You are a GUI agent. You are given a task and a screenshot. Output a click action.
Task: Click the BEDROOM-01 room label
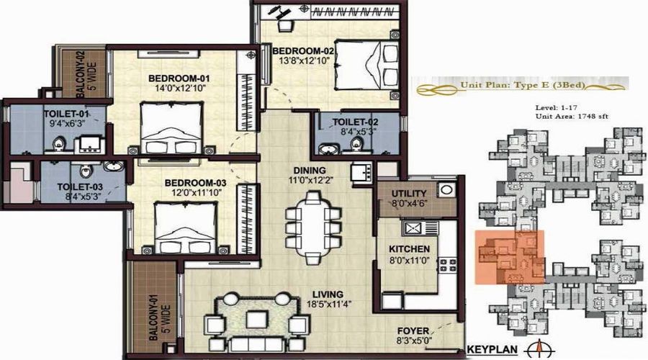pos(179,78)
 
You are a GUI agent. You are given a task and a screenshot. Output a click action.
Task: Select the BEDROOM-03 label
pos(195,183)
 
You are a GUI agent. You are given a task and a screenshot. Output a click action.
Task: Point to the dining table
pos(314,227)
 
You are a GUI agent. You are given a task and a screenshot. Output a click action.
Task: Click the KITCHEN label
pos(409,249)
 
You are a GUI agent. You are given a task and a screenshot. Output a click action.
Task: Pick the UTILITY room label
pos(409,194)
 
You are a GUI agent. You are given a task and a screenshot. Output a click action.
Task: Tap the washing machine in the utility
pos(446,190)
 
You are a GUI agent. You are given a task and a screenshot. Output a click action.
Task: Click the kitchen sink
pos(420,228)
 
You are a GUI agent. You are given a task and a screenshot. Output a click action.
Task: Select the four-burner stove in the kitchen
pos(448,265)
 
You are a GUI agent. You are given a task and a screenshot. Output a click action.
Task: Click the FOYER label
pos(413,330)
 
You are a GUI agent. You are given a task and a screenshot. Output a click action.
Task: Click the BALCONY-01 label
pos(154,318)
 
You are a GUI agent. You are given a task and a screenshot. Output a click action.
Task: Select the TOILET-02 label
pos(355,122)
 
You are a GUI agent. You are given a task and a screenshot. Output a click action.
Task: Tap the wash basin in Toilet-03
pos(112,166)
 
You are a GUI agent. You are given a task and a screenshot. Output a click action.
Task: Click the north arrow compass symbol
pos(539,350)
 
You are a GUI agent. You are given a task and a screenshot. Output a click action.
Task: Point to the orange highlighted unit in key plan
pos(509,257)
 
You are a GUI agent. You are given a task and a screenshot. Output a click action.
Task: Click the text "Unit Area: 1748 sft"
pos(572,117)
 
